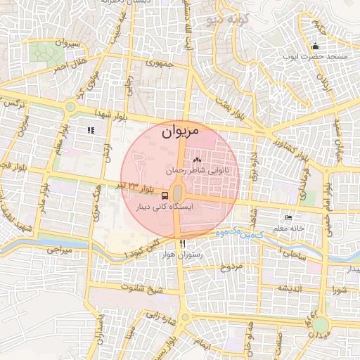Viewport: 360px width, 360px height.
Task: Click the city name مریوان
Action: pyautogui.click(x=180, y=131)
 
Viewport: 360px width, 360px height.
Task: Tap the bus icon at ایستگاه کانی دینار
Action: pyautogui.click(x=165, y=195)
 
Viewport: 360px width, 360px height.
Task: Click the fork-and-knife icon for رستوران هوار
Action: pyautogui.click(x=183, y=243)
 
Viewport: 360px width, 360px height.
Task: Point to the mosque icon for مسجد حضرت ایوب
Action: pyautogui.click(x=315, y=47)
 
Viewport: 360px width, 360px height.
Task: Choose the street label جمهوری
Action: pyautogui.click(x=159, y=63)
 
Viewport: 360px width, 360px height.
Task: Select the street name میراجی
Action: pyautogui.click(x=60, y=249)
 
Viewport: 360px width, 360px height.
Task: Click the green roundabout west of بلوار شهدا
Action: pyautogui.click(x=70, y=107)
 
